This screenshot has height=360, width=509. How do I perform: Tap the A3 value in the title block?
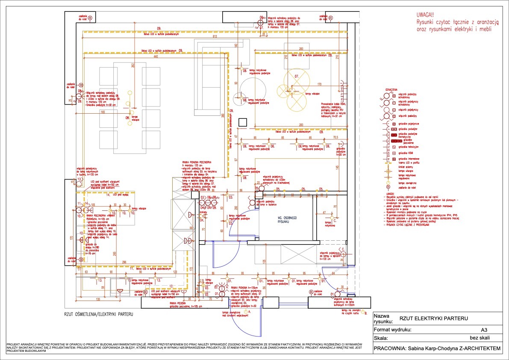[484, 330]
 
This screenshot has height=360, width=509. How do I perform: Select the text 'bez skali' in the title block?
[480, 338]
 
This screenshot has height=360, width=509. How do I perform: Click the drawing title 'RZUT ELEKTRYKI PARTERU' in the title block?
[433, 319]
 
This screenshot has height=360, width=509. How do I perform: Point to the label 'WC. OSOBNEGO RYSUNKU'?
[286, 220]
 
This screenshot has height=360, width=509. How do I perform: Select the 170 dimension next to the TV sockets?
[319, 84]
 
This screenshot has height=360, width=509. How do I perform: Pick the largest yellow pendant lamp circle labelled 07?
[296, 77]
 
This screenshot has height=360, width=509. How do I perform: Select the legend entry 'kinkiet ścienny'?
[406, 167]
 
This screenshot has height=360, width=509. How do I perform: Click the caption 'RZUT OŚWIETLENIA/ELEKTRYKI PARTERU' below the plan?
[99, 314]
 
